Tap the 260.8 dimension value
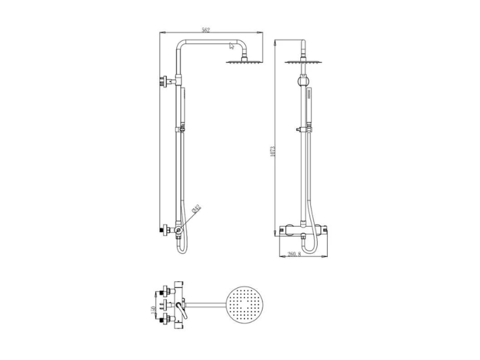point(294,254)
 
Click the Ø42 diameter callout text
point(196,210)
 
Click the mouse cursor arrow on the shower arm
point(232,46)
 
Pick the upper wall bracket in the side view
point(164,82)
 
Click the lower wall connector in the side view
point(164,230)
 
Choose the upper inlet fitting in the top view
point(163,293)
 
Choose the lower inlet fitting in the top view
point(163,321)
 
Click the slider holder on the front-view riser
point(300,129)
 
